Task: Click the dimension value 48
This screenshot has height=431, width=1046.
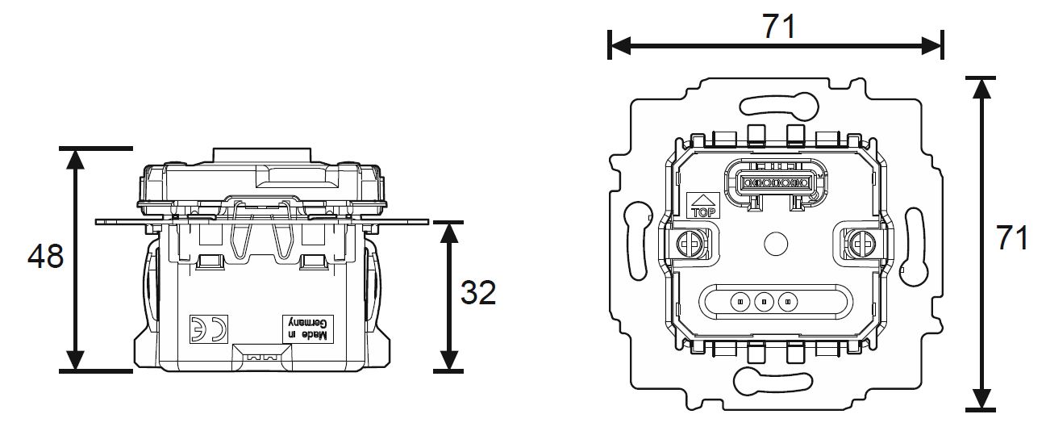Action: pyautogui.click(x=46, y=257)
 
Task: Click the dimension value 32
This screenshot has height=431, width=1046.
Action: pyautogui.click(x=478, y=293)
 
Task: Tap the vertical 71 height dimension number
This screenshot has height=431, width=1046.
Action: pyautogui.click(x=1012, y=238)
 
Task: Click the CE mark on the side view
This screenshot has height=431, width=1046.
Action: pyautogui.click(x=209, y=328)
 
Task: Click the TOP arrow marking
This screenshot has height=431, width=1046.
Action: pyautogui.click(x=704, y=205)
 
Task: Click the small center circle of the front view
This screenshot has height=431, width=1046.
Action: pyautogui.click(x=776, y=244)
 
